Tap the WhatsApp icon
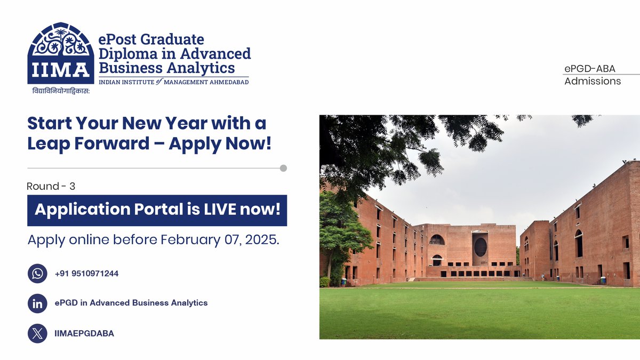click(x=37, y=274)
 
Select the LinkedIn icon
click(x=37, y=303)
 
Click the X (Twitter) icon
click(x=37, y=334)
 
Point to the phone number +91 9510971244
click(x=86, y=274)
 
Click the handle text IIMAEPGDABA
click(x=84, y=334)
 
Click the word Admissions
click(x=593, y=81)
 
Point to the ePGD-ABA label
click(x=590, y=68)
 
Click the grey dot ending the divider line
click(x=283, y=168)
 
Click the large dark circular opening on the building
click(x=480, y=247)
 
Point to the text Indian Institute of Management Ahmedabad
click(x=174, y=82)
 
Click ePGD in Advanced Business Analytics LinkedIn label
click(x=131, y=303)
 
